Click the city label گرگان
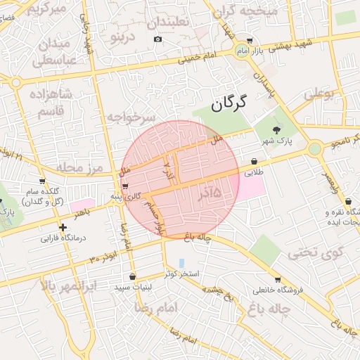229,106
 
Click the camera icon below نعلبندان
157,39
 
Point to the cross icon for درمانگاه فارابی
63,227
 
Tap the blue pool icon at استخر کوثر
181,262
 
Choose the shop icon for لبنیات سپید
134,276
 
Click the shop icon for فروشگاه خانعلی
277,279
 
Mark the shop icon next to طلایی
254,161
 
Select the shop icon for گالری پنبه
125,186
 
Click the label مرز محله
82,167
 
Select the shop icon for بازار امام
250,41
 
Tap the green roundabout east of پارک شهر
314,148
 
